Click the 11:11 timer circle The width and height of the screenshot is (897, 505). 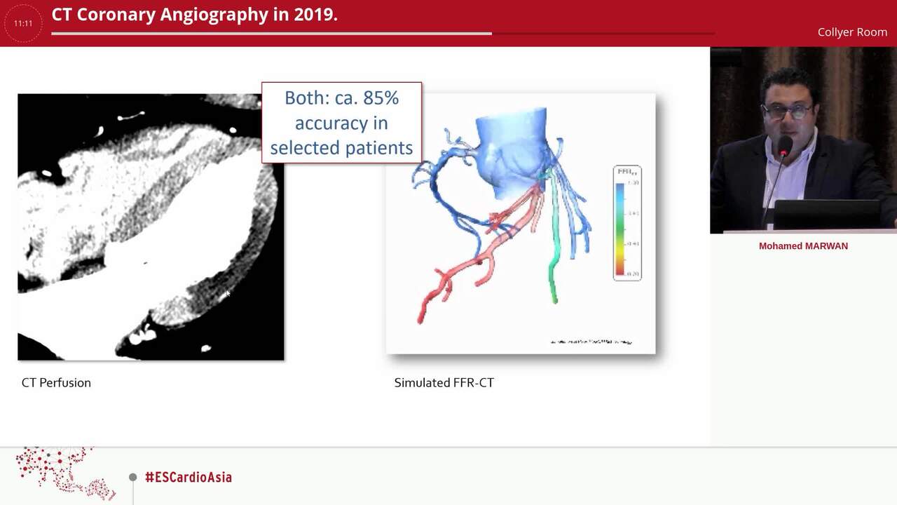[x=23, y=23]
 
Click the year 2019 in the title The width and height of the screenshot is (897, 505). [x=314, y=15]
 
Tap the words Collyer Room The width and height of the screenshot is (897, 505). [x=852, y=32]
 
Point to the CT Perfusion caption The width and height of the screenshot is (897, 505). [x=56, y=382]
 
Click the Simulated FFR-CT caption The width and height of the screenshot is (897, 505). [x=444, y=382]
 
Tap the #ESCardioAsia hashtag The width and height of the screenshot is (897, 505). [x=188, y=477]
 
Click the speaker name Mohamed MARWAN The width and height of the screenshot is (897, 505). [x=803, y=246]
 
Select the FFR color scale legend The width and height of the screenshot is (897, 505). [x=626, y=223]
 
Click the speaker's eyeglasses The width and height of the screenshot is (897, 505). [x=787, y=111]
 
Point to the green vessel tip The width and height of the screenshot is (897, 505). [x=554, y=299]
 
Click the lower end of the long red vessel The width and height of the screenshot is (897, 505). [x=420, y=319]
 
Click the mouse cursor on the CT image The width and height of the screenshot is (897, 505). [x=227, y=294]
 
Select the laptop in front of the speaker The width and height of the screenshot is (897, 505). [x=827, y=214]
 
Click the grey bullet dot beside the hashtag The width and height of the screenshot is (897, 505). [x=132, y=477]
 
